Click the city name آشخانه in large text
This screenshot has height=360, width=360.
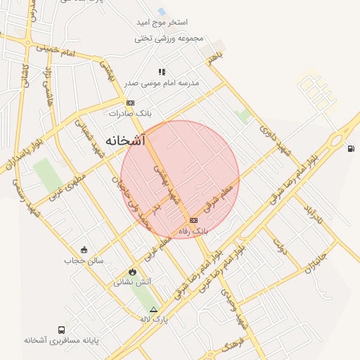[125, 141]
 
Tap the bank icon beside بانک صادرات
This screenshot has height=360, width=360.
[130, 103]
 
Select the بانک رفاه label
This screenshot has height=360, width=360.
[195, 230]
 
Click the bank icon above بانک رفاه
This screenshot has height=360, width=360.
[193, 220]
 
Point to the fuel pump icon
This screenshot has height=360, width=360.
[351, 148]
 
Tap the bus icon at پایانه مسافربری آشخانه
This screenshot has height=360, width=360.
[62, 330]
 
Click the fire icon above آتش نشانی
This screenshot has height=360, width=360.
[132, 272]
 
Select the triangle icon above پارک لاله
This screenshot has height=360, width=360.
[153, 309]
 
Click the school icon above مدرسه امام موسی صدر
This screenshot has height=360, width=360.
[162, 72]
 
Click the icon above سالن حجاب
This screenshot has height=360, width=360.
[84, 250]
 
